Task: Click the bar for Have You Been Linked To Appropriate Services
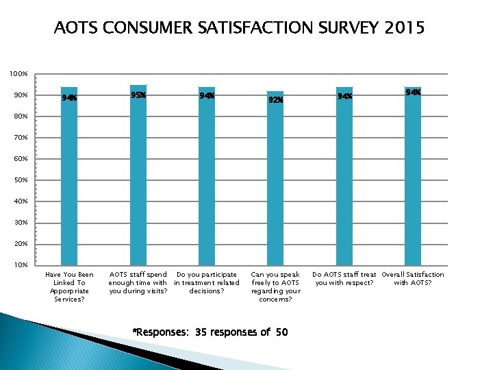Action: [69, 178]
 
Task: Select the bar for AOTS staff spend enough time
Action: [138, 178]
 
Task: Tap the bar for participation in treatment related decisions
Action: [207, 178]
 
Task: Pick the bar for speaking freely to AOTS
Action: [275, 178]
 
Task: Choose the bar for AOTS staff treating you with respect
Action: [344, 178]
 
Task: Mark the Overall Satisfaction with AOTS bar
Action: [413, 178]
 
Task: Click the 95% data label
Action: [138, 95]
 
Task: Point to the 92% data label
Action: [275, 100]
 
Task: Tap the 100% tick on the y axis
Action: [18, 73]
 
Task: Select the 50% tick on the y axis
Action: [18, 180]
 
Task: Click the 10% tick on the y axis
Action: [18, 265]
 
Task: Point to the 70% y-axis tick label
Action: [18, 138]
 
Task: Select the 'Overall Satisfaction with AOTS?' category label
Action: [413, 278]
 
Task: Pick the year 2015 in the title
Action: [404, 28]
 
